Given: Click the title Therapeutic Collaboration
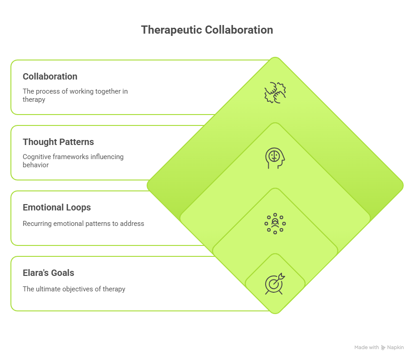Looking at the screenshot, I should click(x=207, y=30).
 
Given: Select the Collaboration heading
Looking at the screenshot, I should click(x=50, y=76).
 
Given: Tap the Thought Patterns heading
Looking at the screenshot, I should click(x=58, y=142).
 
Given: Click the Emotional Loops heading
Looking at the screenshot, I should click(x=57, y=207).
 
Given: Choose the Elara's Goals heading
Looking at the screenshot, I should click(x=48, y=273).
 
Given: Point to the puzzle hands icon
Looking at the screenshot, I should click(x=275, y=92).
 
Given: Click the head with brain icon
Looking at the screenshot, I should click(x=275, y=158).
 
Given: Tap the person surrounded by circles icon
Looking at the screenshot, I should click(x=275, y=223).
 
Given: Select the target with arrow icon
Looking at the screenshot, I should click(x=275, y=284).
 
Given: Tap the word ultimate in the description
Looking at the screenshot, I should click(x=49, y=289).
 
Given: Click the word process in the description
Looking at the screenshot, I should click(x=48, y=91).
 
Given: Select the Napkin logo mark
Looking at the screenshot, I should click(x=384, y=347).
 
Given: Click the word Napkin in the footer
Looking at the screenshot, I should click(x=395, y=347).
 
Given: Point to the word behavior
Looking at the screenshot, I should click(x=36, y=165).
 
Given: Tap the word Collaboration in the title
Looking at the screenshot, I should click(x=239, y=30).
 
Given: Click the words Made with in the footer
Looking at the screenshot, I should click(x=366, y=347).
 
